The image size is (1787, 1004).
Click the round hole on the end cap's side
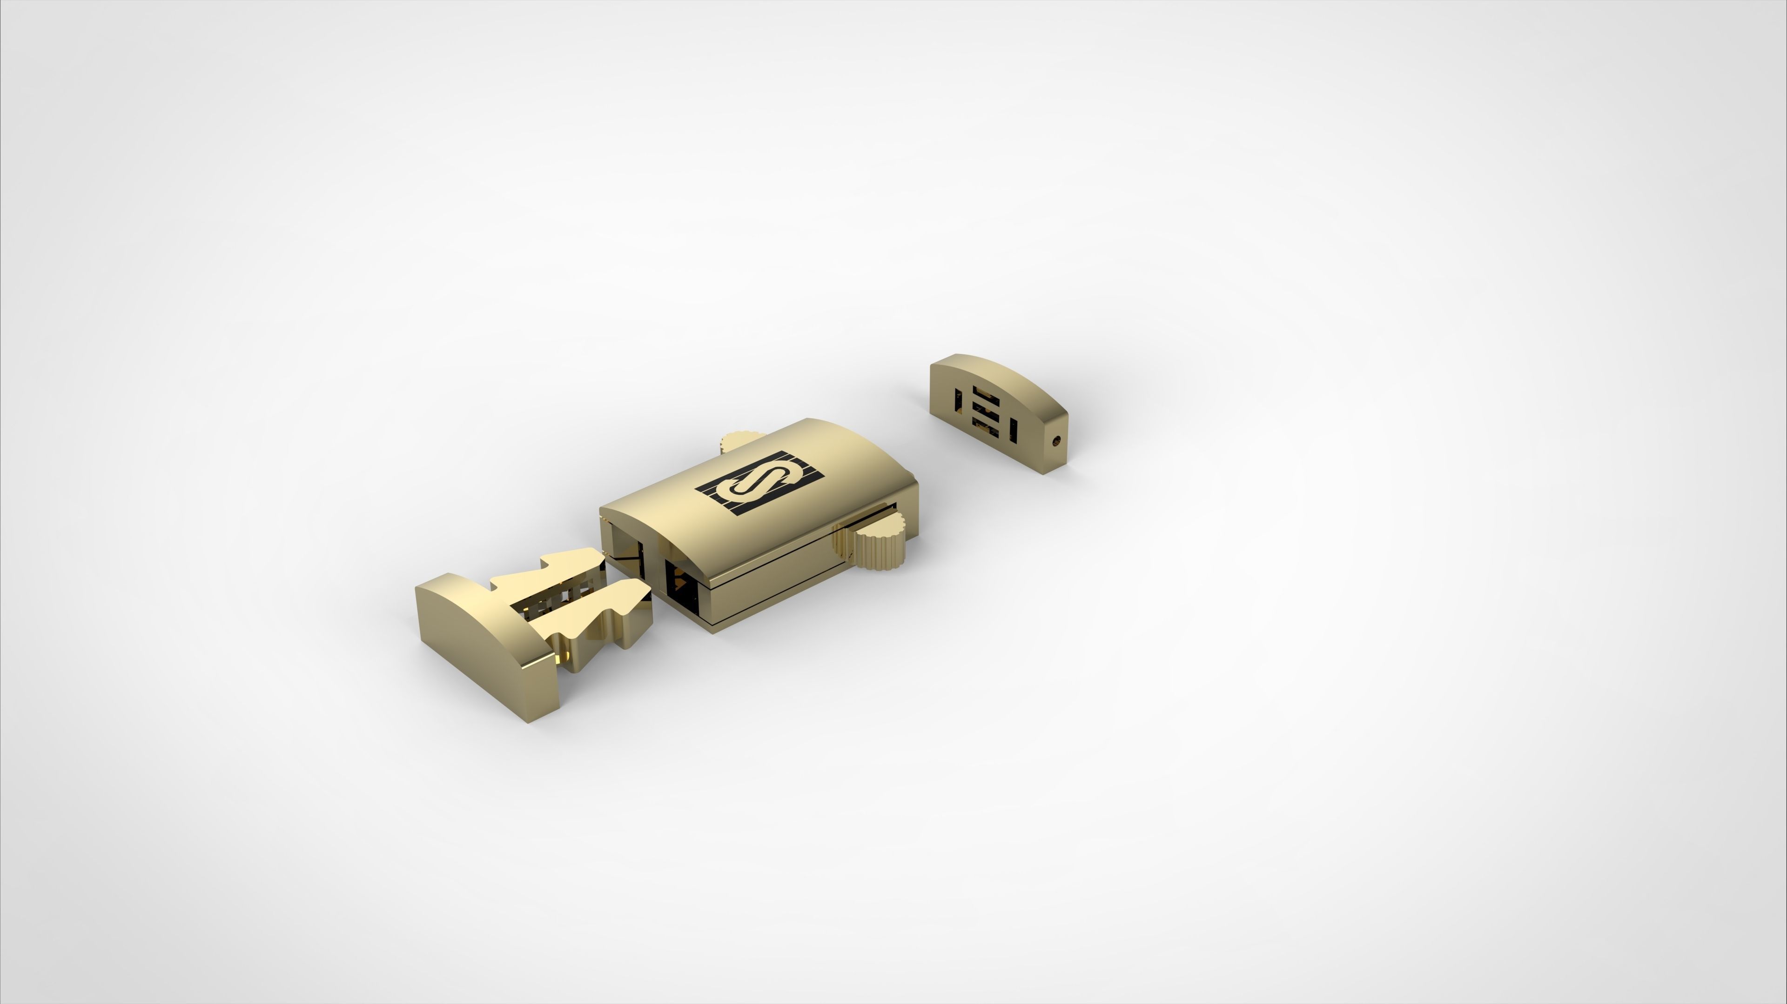click(1056, 439)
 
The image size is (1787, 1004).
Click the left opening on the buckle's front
click(625, 548)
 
